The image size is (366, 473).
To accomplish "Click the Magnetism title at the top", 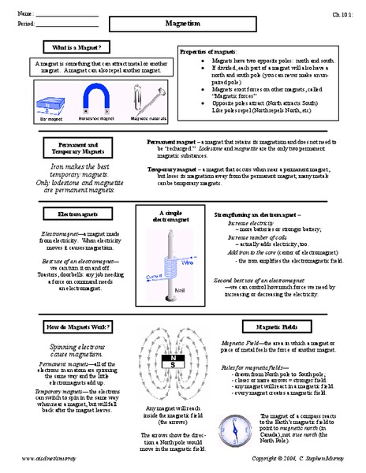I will coord(183,24).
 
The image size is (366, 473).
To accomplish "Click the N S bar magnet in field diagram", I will coord(172,363).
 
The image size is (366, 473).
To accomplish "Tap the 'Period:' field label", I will coord(25,26).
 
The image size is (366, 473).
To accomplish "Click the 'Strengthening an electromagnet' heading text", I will coord(256,214).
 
